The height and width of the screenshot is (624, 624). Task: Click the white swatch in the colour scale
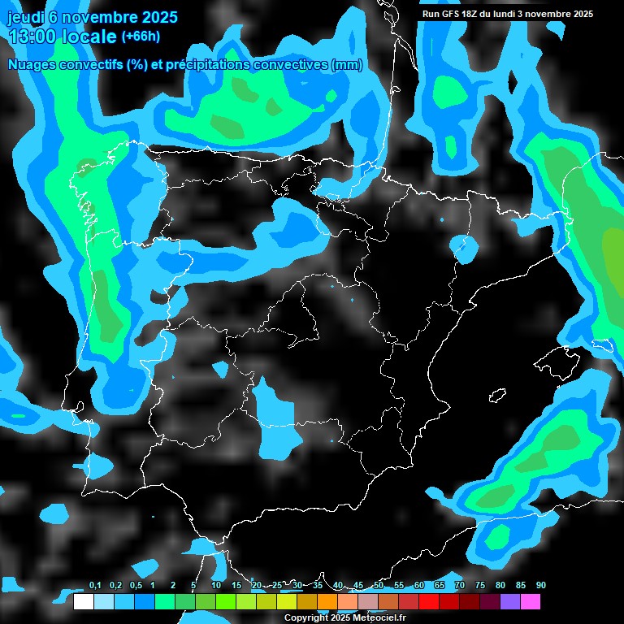pos(83,602)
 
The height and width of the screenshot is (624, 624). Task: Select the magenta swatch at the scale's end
pos(531,602)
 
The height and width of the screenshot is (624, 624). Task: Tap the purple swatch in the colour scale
pos(510,602)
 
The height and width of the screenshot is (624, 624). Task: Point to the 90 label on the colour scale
pos(540,586)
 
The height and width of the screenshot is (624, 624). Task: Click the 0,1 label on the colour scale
pos(94,586)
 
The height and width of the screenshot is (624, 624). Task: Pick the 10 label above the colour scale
pos(216,586)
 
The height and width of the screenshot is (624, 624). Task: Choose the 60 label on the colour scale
pos(419,586)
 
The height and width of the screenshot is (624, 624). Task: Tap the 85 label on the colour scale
pos(520,586)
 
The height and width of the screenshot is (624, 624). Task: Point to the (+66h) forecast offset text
pos(141,37)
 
